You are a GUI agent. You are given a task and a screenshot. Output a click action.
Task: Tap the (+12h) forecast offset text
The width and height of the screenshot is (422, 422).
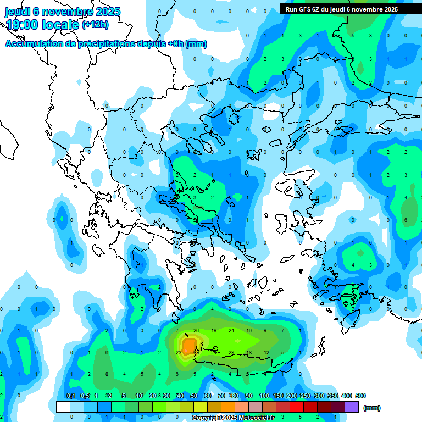(95, 24)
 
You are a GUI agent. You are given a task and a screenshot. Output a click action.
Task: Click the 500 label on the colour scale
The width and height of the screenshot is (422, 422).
(360, 396)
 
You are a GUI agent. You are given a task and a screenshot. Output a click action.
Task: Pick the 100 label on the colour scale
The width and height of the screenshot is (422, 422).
(264, 396)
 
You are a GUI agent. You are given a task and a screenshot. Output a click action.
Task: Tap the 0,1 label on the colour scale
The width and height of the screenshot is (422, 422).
(71, 396)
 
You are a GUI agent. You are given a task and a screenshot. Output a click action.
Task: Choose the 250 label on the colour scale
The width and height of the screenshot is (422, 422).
(305, 396)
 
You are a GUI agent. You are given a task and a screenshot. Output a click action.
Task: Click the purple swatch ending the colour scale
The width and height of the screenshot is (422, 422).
(352, 407)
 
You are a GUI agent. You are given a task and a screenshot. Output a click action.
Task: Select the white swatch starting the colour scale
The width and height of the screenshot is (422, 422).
(63, 407)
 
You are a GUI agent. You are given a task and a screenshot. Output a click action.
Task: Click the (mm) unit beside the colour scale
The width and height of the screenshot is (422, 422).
(372, 408)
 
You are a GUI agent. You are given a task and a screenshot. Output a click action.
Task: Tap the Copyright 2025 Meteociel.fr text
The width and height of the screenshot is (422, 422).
(233, 418)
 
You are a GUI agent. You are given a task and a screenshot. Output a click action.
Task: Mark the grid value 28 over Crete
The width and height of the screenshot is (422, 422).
(231, 352)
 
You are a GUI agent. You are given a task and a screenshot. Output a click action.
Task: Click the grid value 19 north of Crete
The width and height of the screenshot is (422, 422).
(214, 331)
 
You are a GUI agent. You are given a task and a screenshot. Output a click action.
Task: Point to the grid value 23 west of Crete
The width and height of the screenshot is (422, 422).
(178, 352)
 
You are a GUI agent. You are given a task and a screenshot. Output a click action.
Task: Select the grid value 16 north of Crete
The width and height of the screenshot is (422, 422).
(249, 331)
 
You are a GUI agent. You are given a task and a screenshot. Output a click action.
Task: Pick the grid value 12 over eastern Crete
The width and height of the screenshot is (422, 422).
(266, 352)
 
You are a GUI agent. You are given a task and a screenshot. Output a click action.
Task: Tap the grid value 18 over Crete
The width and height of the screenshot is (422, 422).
(249, 352)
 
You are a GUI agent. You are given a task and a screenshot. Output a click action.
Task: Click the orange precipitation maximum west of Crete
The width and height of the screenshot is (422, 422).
(190, 345)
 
